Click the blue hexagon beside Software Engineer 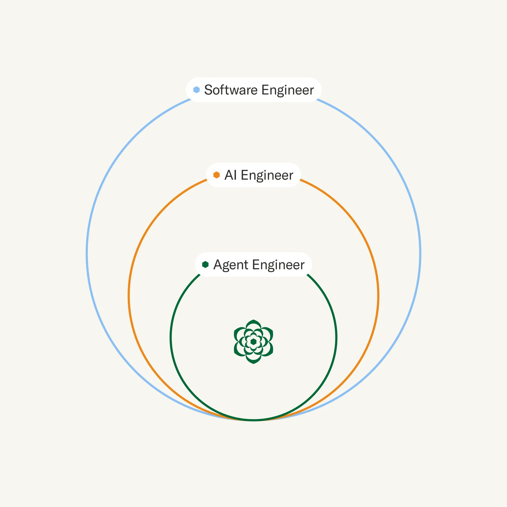pyautogui.click(x=196, y=90)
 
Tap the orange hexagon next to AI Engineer pyautogui.click(x=217, y=175)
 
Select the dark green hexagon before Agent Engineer pyautogui.click(x=205, y=264)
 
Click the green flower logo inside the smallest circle pyautogui.click(x=253, y=342)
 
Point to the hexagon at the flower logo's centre pyautogui.click(x=253, y=342)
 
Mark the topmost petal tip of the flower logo pyautogui.click(x=253, y=320)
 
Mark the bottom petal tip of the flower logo pyautogui.click(x=253, y=364)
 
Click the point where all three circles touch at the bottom pyautogui.click(x=253, y=420)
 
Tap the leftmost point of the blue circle pyautogui.click(x=87, y=254)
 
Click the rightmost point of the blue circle pyautogui.click(x=420, y=254)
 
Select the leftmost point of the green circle pyautogui.click(x=171, y=337)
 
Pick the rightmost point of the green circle pyautogui.click(x=336, y=337)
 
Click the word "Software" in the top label pyautogui.click(x=231, y=90)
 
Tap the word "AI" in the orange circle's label pyautogui.click(x=230, y=175)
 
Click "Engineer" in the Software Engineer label pyautogui.click(x=288, y=90)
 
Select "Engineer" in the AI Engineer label pyautogui.click(x=267, y=176)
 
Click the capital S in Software pyautogui.click(x=208, y=90)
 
